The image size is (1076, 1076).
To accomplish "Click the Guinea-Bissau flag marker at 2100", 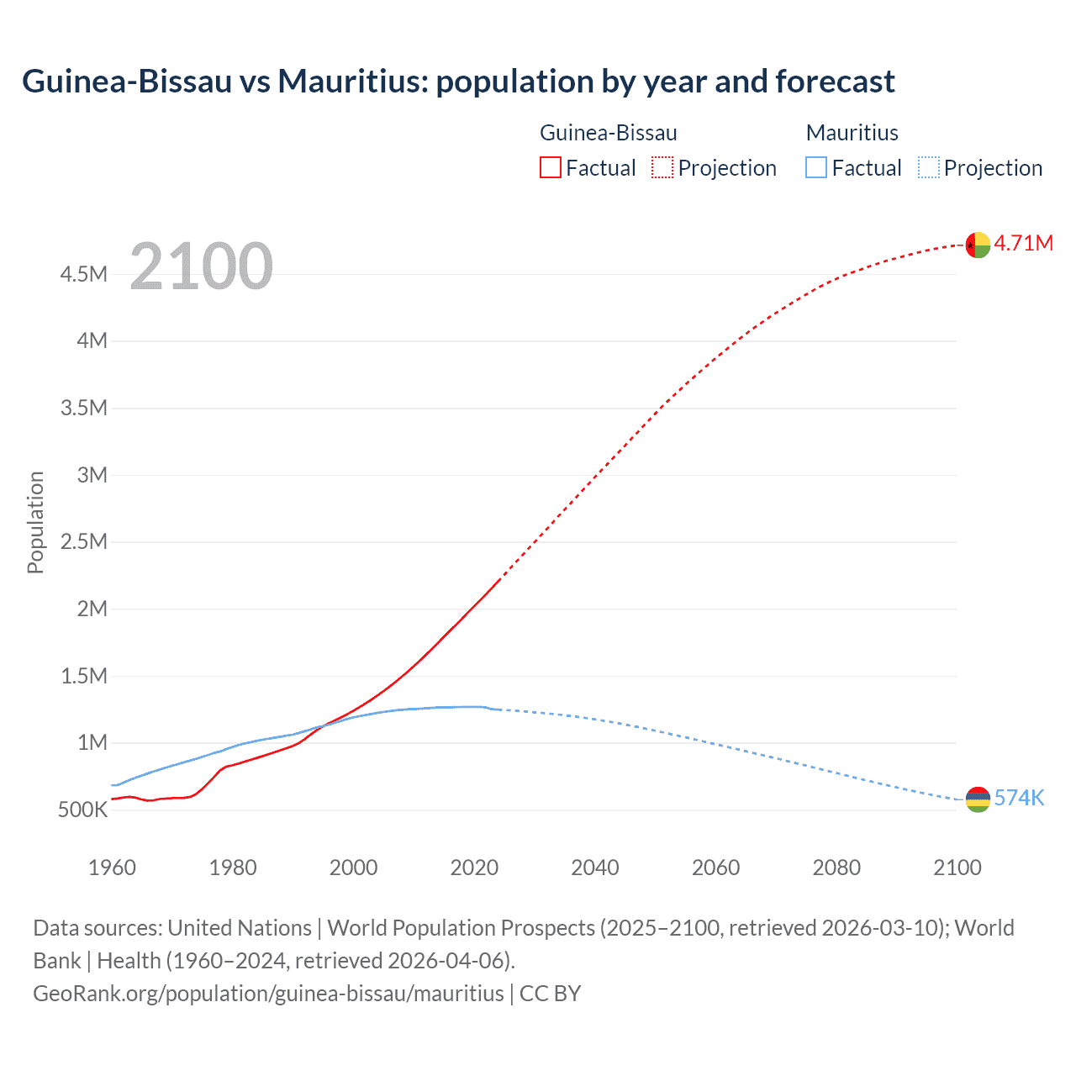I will (978, 245).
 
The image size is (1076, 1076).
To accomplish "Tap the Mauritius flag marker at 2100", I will (978, 799).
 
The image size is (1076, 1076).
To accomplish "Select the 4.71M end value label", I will (1023, 243).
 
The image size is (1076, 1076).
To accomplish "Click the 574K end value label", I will (1019, 798).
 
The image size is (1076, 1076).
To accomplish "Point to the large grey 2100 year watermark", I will (201, 266).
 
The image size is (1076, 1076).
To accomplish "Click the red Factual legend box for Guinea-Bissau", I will (551, 167).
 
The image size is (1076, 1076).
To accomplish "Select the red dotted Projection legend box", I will (662, 167).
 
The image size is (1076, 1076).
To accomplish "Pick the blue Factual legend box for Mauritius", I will (816, 167).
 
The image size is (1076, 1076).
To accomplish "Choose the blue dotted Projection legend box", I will (929, 167).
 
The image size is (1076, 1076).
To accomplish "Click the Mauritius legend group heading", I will (852, 133).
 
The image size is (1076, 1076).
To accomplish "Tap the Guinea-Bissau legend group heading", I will (608, 133).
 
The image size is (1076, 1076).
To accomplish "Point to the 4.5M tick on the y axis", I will (83, 274).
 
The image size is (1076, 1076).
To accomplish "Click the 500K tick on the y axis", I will (82, 810).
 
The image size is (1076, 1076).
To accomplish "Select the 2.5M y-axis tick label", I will (83, 541).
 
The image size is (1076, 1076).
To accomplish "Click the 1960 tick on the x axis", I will (112, 868).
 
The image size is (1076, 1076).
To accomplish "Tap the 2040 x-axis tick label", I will (595, 868).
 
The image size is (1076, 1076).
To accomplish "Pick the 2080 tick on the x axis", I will (836, 868).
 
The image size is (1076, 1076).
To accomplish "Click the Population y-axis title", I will (35, 522).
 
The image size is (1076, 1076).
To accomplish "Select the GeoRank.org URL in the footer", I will (268, 994).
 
